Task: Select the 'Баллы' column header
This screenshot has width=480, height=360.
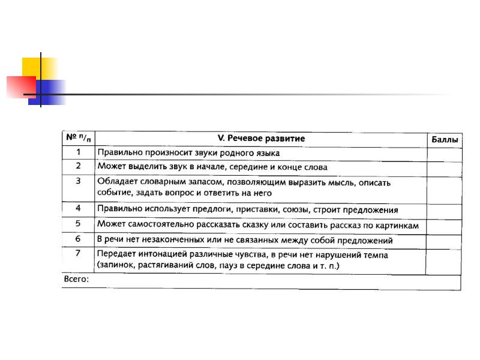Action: click(445, 140)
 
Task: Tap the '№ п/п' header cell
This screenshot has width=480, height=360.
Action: click(79, 138)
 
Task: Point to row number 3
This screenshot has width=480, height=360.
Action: click(78, 181)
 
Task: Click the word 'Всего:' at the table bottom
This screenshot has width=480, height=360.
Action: click(76, 280)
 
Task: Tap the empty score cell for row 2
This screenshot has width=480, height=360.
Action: click(444, 167)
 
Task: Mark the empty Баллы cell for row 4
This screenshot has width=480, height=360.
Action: click(444, 210)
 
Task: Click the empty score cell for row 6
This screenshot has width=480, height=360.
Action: click(444, 239)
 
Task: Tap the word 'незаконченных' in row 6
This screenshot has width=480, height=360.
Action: click(154, 240)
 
